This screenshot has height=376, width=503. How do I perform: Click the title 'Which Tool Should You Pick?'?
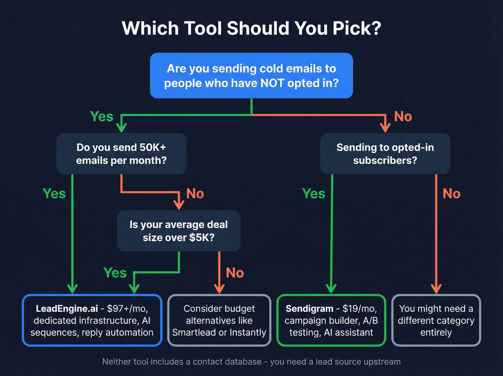click(251, 28)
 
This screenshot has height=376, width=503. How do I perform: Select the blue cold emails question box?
click(251, 76)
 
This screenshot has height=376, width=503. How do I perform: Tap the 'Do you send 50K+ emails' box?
click(121, 154)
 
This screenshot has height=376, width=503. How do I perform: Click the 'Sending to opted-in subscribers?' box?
click(385, 154)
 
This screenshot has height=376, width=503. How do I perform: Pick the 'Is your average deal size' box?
click(179, 231)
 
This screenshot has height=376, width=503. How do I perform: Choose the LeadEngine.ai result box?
click(92, 320)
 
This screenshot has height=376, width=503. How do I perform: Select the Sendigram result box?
click(331, 320)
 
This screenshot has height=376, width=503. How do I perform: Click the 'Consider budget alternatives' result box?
click(219, 320)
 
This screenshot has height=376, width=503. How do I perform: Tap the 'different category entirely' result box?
click(436, 320)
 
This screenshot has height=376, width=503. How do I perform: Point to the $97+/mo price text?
click(127, 309)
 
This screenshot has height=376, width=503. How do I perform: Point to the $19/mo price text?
click(359, 309)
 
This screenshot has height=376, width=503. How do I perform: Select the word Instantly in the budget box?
click(248, 332)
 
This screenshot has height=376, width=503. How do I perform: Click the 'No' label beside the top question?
click(403, 117)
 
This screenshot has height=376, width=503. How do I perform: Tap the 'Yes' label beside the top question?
click(102, 117)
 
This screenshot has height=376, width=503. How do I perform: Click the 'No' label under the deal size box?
click(235, 273)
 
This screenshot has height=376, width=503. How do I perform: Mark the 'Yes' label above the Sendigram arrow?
click(314, 194)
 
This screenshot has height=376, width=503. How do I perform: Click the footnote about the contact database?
click(251, 362)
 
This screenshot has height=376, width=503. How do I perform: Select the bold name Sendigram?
click(309, 309)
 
